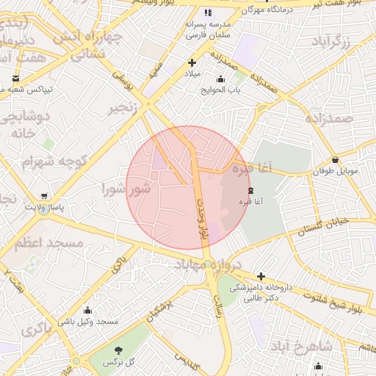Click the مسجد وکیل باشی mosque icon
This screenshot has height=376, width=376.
tap(88, 310)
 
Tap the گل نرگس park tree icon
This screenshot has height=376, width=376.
tap(118, 350)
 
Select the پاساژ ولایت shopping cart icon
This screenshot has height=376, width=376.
tap(46, 195)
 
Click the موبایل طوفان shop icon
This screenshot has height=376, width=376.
tap(336, 159)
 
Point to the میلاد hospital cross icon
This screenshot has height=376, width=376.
tap(192, 63)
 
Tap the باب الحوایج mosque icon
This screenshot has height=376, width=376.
tap(220, 79)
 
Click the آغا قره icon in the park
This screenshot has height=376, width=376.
tap(242, 189)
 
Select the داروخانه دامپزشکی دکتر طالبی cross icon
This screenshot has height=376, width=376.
tap(261, 276)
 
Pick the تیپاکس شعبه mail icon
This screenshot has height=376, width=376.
tap(16, 78)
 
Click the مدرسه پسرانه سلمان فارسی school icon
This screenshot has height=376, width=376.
tap(208, 12)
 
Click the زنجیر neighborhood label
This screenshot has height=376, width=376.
tap(123, 108)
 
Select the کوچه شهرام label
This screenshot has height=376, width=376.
tap(55, 161)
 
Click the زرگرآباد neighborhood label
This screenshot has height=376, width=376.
tap(338, 40)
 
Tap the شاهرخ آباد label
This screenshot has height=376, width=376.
tap(301, 345)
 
